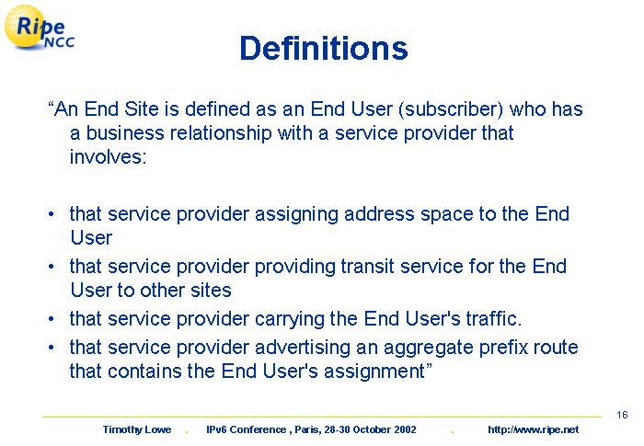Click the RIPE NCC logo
[x=40, y=28]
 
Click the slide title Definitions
[x=324, y=48]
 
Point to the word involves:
[x=108, y=157]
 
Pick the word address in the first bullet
[x=379, y=214]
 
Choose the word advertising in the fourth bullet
[x=303, y=349]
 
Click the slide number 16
[x=622, y=415]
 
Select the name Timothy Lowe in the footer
[x=137, y=430]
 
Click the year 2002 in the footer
[x=406, y=430]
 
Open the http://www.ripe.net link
[x=533, y=430]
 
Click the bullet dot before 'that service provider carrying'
[x=51, y=319]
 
